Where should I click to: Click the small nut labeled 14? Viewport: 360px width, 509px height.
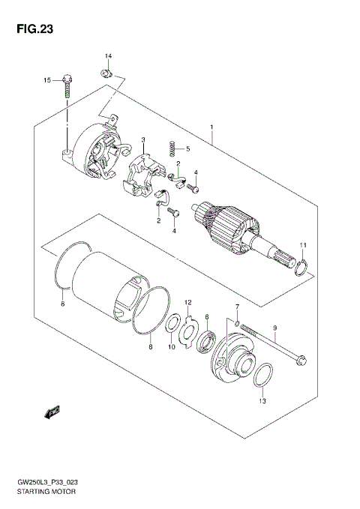click(x=106, y=73)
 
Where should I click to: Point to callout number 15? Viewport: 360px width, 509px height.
click(x=46, y=79)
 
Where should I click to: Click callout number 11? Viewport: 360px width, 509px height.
click(x=303, y=246)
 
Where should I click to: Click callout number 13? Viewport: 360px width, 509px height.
click(x=262, y=402)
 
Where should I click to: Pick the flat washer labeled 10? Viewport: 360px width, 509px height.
click(x=171, y=325)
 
